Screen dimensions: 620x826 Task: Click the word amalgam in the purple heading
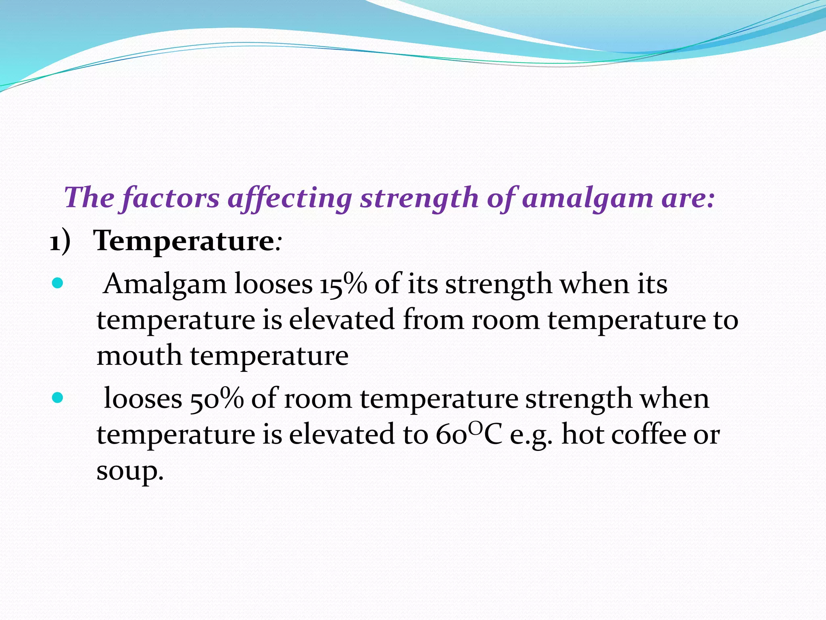tap(587, 199)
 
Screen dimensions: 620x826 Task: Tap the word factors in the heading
tap(170, 199)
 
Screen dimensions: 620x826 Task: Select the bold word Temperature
tap(184, 241)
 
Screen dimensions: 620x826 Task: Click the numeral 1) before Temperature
tap(60, 242)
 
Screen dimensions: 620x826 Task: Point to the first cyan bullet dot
tap(58, 283)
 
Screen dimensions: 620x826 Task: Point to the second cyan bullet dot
tap(58, 398)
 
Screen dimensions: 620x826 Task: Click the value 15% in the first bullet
tap(343, 284)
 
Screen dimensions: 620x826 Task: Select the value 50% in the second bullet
tap(217, 399)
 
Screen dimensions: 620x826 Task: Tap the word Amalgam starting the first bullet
tap(165, 284)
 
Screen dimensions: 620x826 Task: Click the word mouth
tap(139, 356)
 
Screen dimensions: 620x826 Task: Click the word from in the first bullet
tap(434, 320)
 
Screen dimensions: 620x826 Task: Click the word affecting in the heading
tap(290, 199)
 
